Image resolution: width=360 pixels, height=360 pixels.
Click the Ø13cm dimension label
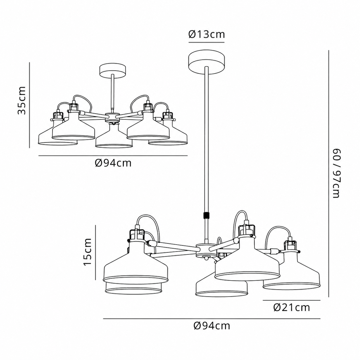point(207,34)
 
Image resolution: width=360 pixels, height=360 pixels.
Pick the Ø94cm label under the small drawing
point(113,163)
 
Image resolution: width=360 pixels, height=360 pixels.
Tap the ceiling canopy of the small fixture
point(113,70)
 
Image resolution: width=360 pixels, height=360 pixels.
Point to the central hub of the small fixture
point(112,118)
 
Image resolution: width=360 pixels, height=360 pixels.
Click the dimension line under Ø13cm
point(206,42)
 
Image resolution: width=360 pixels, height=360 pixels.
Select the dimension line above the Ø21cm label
point(292,300)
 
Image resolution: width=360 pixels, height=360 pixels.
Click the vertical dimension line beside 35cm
point(30,105)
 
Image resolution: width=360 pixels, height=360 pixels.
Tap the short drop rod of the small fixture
point(113,93)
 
